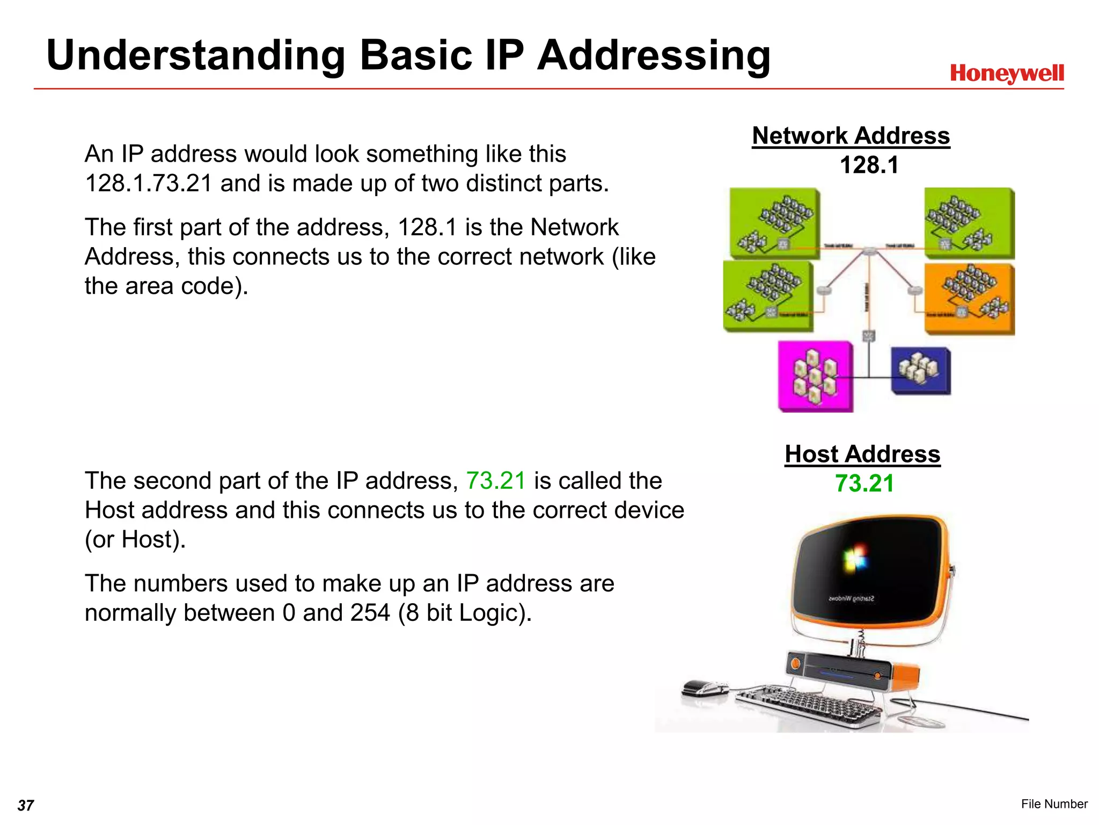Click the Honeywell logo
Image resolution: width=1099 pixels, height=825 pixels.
(1007, 74)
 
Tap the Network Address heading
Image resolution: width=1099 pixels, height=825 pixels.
(851, 136)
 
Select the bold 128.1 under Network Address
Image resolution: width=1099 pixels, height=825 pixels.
(869, 165)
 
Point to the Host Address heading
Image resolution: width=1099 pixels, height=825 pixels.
(862, 454)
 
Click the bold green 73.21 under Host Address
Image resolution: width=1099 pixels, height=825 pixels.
(864, 483)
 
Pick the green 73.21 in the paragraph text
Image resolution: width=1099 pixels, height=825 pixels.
(495, 481)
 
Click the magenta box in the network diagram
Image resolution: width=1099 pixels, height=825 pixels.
(815, 376)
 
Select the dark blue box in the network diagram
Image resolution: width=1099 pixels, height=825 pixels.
(921, 371)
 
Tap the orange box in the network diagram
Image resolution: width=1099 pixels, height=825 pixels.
(970, 299)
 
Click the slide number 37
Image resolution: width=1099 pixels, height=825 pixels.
(26, 805)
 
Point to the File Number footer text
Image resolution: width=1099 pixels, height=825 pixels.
(1054, 804)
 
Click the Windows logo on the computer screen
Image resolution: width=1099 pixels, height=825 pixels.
(855, 559)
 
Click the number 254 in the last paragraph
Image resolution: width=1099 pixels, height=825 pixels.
(370, 613)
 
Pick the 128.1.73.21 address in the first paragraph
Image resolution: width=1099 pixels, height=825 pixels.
(149, 183)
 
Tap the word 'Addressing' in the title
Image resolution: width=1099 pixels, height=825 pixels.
(654, 55)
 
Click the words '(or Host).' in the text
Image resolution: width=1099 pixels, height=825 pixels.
(135, 539)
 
